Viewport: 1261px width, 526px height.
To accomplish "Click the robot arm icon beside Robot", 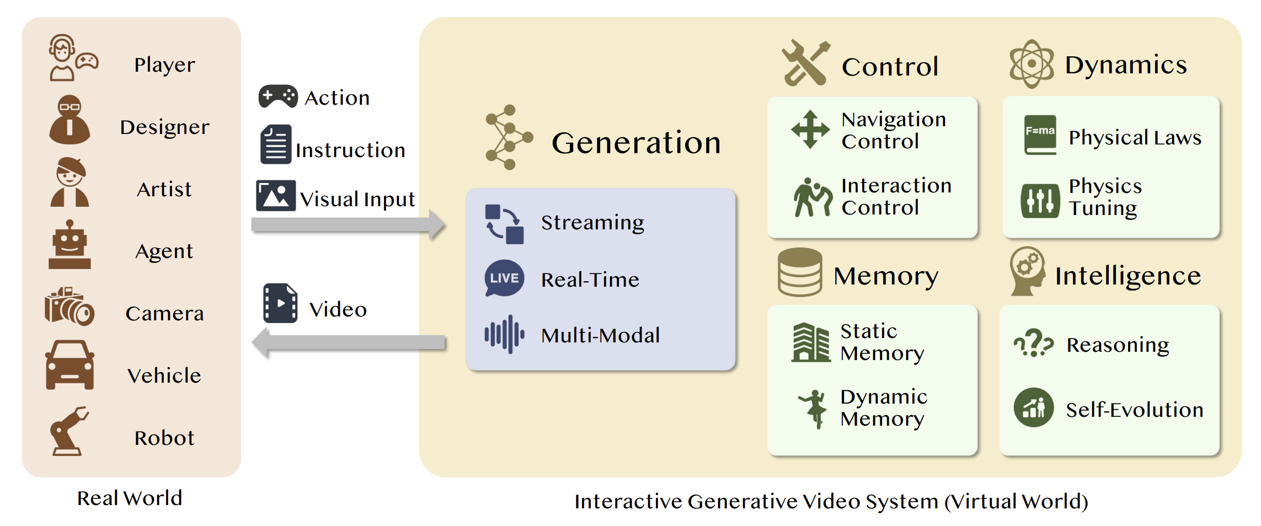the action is [x=69, y=431].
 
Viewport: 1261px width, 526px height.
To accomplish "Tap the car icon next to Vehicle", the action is [x=70, y=365].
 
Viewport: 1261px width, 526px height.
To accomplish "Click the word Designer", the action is [x=164, y=127].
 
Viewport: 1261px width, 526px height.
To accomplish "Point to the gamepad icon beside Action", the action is [x=278, y=96].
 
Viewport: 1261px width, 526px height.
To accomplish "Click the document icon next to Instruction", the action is [x=276, y=144].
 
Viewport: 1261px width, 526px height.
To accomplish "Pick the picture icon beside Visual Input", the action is [x=276, y=196].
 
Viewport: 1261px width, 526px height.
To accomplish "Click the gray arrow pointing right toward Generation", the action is [x=348, y=224].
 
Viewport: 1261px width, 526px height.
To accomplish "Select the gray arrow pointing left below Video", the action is [x=348, y=342].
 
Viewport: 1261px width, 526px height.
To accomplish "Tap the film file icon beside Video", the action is [x=280, y=303].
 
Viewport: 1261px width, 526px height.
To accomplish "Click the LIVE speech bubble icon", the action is [x=504, y=278].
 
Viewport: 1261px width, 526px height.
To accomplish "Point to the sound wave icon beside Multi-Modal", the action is [x=504, y=334].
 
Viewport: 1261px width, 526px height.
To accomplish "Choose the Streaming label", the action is [x=592, y=223].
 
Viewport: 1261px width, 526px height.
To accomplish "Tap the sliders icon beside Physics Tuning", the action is [x=1040, y=201].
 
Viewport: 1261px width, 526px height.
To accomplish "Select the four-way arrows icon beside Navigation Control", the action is [x=810, y=130].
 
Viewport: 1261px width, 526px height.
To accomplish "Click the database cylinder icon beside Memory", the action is [x=800, y=272].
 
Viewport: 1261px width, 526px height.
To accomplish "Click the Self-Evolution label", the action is [x=1134, y=410].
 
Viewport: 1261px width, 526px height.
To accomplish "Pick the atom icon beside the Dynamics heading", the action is [x=1032, y=64].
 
